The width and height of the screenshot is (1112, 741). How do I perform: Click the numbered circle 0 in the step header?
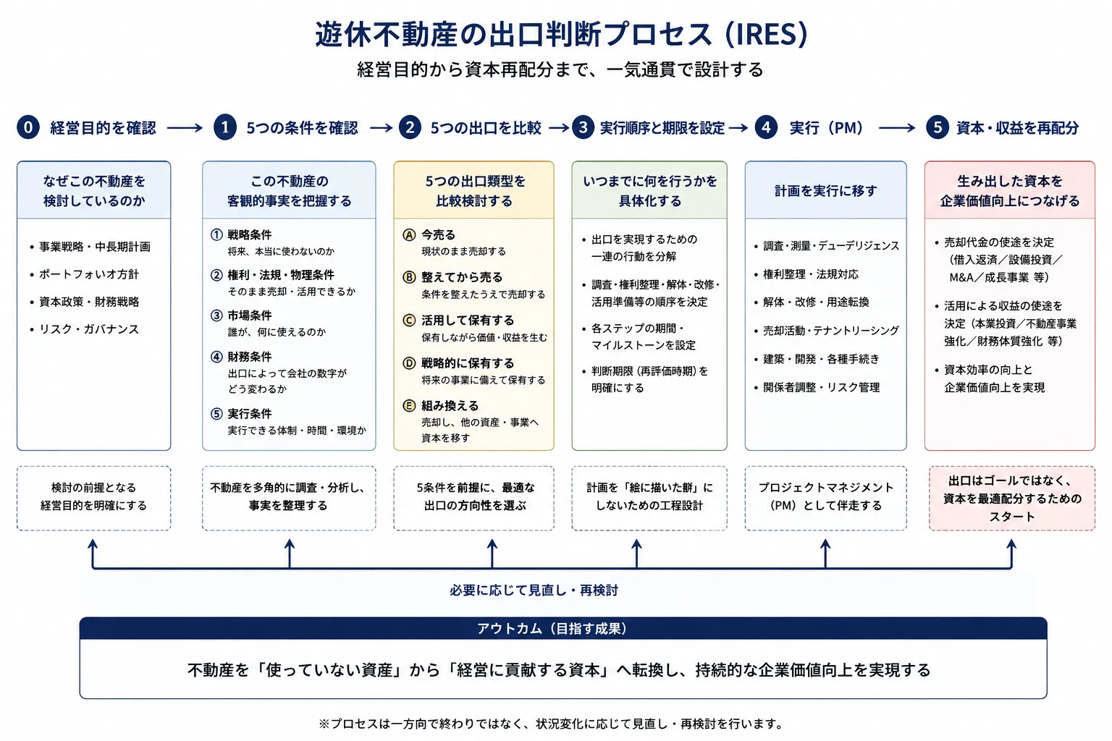click(28, 127)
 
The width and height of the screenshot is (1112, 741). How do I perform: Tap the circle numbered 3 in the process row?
click(584, 127)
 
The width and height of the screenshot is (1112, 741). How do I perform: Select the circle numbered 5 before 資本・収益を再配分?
click(938, 127)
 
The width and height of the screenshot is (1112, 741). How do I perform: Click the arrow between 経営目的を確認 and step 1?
click(185, 128)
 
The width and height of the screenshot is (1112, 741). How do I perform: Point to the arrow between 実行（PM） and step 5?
click(897, 128)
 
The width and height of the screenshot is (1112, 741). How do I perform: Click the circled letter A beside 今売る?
click(409, 234)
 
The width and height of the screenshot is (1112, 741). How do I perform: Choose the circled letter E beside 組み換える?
click(409, 406)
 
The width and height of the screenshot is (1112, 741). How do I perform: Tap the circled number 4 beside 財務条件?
click(216, 357)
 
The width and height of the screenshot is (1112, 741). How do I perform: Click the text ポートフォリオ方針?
click(89, 274)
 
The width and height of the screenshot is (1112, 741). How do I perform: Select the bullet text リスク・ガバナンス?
click(89, 329)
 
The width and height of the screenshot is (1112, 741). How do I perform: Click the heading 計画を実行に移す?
click(825, 190)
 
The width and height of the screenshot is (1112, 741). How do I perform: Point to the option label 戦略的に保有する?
click(468, 363)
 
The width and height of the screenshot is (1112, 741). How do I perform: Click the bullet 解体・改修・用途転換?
click(816, 302)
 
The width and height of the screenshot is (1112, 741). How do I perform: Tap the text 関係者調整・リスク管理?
click(821, 387)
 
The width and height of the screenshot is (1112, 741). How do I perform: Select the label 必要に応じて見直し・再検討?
click(534, 590)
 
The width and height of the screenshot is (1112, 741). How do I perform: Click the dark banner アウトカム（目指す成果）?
click(563, 628)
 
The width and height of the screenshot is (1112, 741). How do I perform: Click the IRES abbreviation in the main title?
click(767, 35)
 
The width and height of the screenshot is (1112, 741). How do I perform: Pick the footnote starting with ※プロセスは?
click(551, 724)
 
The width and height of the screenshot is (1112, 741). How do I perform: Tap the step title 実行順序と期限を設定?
click(662, 128)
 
